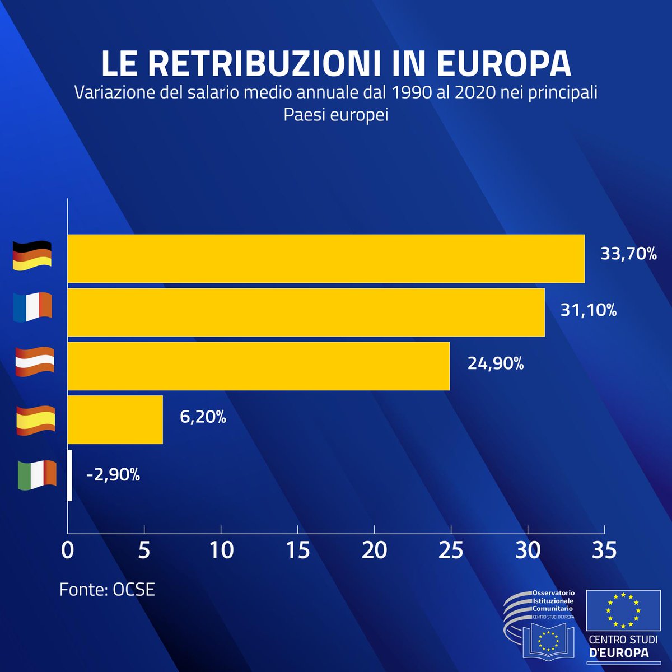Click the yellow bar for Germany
pyautogui.click(x=326, y=259)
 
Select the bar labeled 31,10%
pyautogui.click(x=306, y=312)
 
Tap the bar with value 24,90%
pyautogui.click(x=258, y=366)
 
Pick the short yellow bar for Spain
pyautogui.click(x=115, y=420)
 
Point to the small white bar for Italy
pyautogui.click(x=69, y=475)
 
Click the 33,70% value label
pyautogui.click(x=628, y=254)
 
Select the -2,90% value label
pyautogui.click(x=113, y=475)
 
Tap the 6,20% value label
pyautogui.click(x=203, y=417)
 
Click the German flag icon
pyautogui.click(x=32, y=256)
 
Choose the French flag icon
pyautogui.click(x=32, y=307)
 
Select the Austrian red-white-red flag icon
pyautogui.click(x=35, y=361)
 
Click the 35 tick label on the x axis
pyautogui.click(x=603, y=550)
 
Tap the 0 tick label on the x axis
pyautogui.click(x=67, y=550)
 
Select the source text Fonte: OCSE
pyautogui.click(x=107, y=590)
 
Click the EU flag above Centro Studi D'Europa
pyautogui.click(x=622, y=610)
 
